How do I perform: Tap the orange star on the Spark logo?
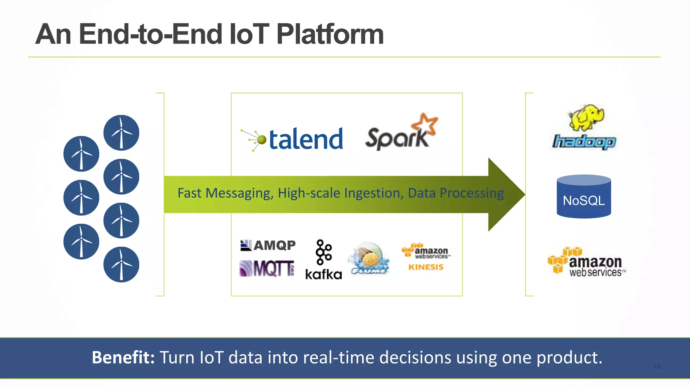(425, 125)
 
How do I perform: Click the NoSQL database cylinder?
(584, 197)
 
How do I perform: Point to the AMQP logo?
(268, 245)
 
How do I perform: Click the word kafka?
(323, 274)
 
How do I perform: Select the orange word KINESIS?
(426, 267)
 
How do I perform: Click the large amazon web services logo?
(587, 262)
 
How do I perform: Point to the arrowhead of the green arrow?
(505, 194)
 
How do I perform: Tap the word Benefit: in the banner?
(123, 357)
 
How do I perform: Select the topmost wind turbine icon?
(121, 133)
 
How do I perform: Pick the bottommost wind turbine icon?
(121, 264)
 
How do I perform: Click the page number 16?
(657, 366)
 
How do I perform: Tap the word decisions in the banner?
(415, 357)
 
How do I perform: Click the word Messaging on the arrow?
(240, 193)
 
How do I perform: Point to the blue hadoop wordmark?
(584, 142)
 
